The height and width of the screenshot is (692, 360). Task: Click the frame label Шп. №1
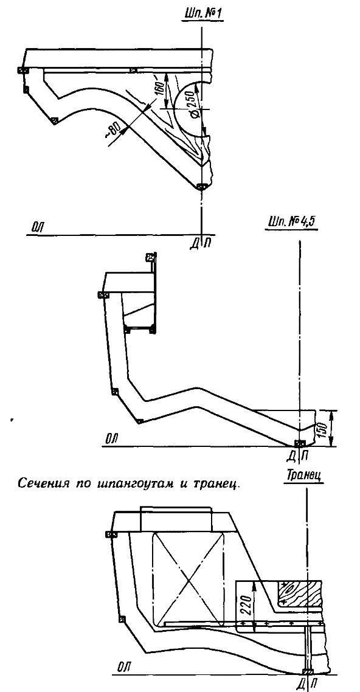(203, 13)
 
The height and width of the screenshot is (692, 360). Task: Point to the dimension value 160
(159, 91)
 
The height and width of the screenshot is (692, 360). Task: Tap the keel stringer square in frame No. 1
(201, 187)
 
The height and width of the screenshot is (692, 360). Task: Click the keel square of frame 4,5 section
(300, 443)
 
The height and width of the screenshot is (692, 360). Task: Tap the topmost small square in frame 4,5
(150, 256)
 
